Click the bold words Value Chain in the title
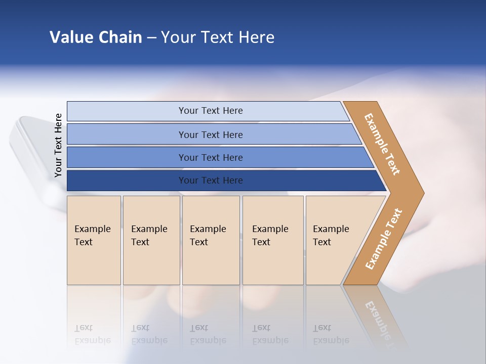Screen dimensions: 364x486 96,37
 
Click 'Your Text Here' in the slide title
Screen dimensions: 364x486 218,37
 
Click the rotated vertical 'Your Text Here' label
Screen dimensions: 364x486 59,145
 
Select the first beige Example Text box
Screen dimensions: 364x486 94,240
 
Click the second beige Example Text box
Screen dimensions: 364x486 151,240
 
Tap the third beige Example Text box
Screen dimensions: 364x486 211,240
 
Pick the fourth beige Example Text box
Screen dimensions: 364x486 273,240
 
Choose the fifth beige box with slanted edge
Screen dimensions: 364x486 334,240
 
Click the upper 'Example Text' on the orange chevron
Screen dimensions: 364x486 382,144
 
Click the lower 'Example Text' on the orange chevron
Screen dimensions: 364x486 384,239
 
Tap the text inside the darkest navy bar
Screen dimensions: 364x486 211,180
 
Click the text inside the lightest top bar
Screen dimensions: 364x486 211,111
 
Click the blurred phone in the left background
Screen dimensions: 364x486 30,152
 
